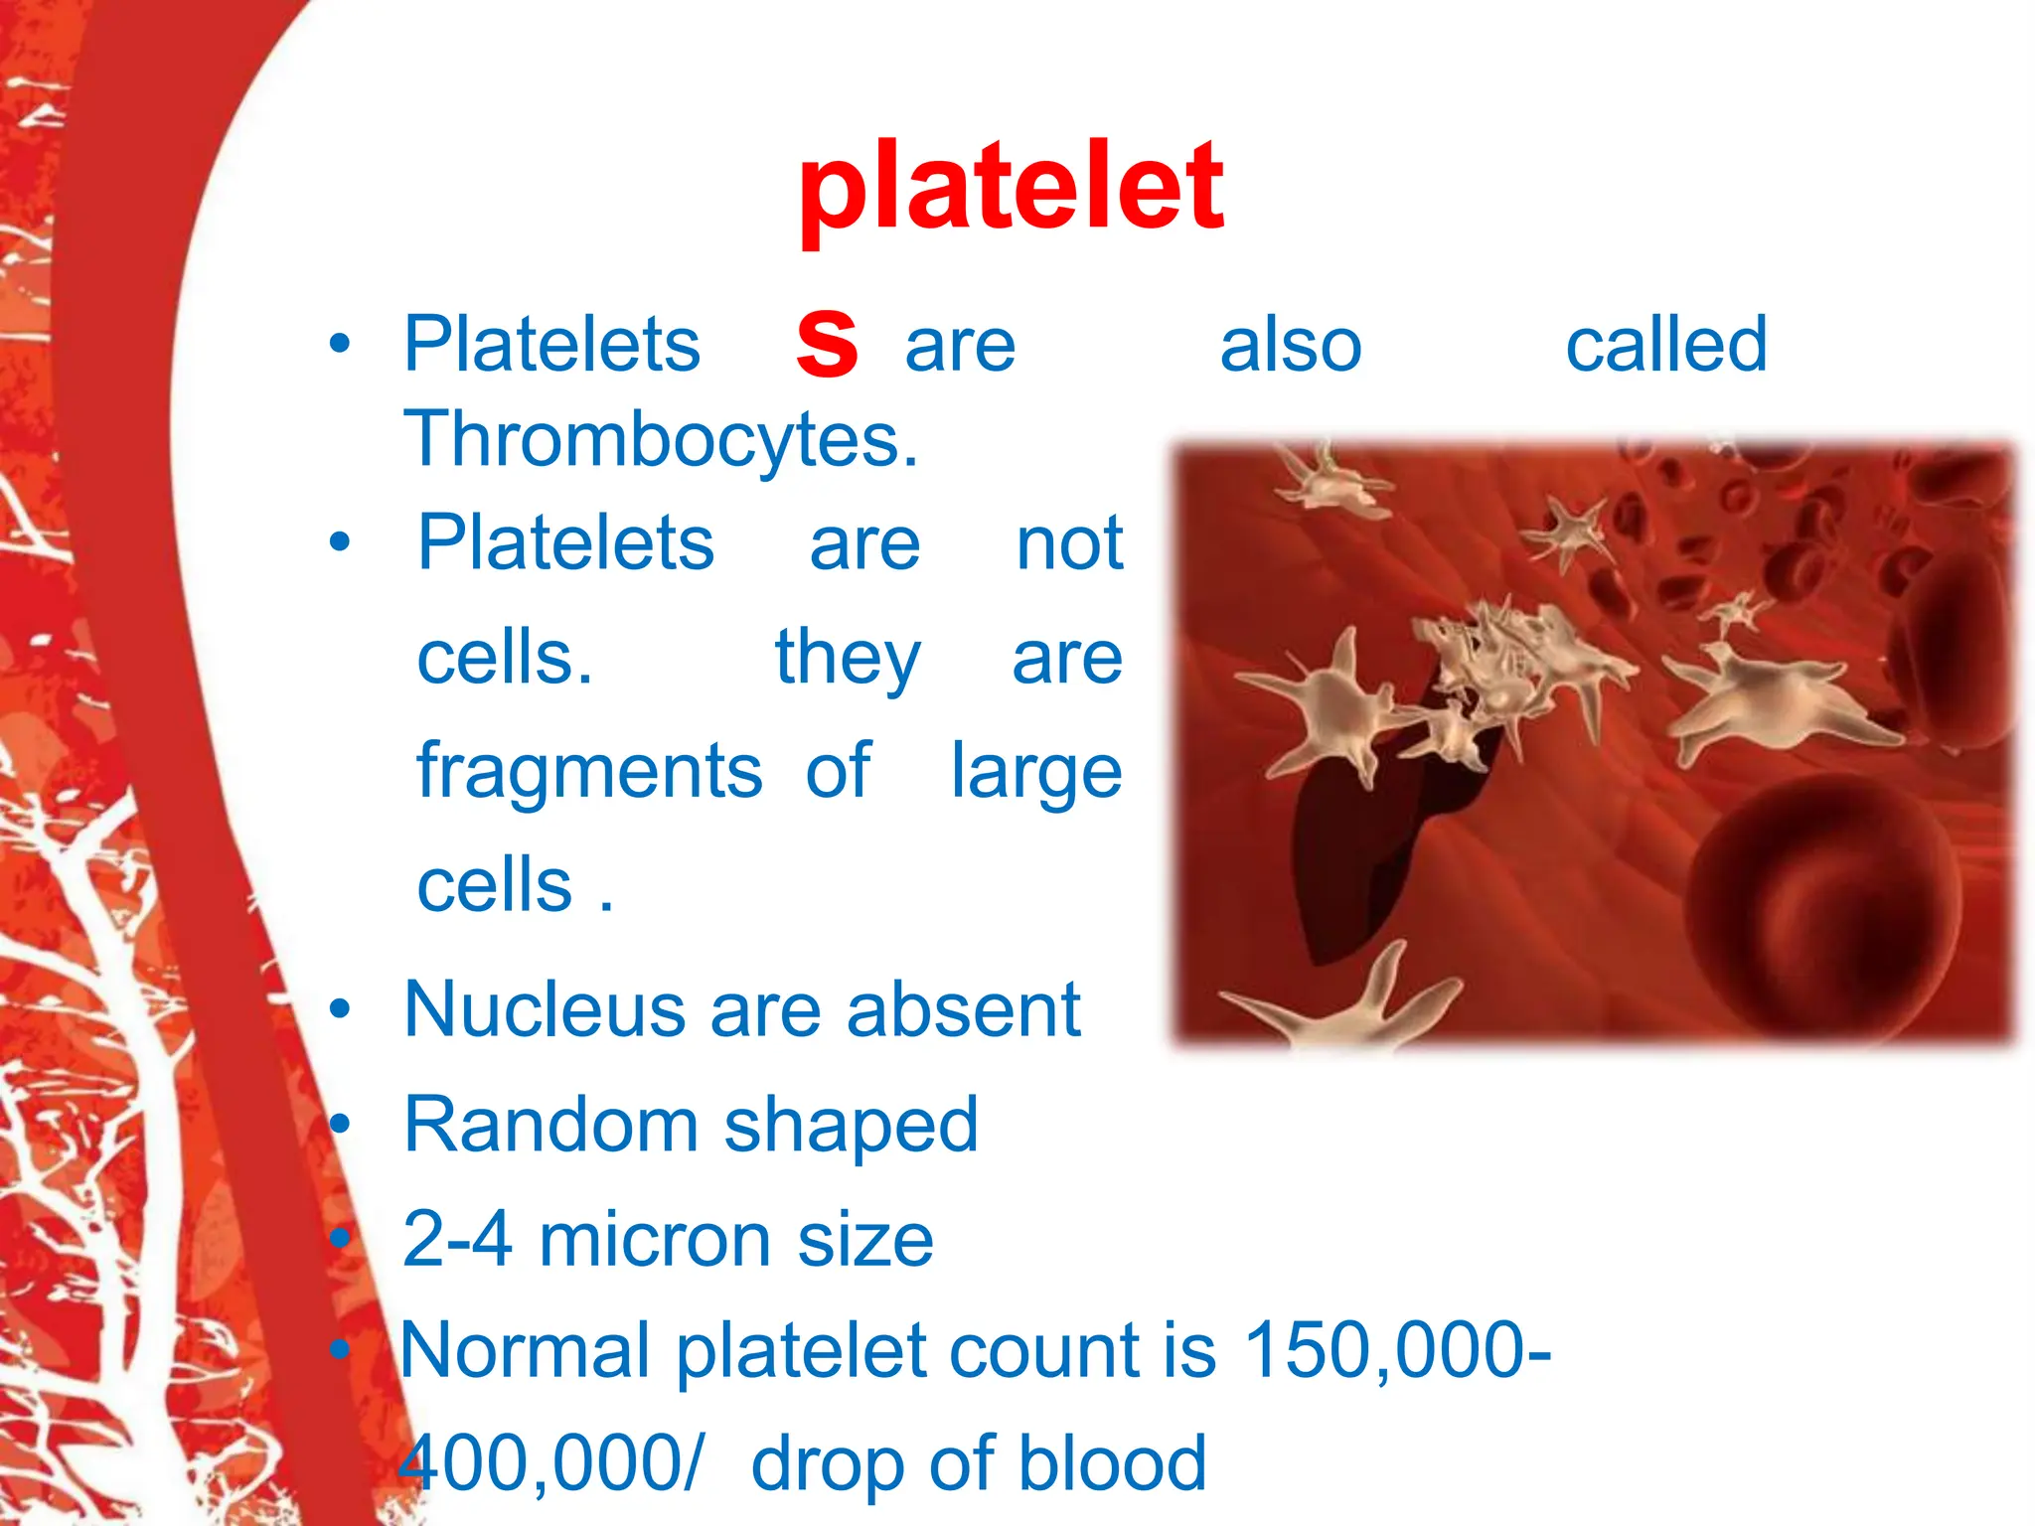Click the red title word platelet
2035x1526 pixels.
[1011, 189]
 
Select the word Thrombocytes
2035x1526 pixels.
[661, 439]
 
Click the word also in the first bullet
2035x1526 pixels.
[1290, 346]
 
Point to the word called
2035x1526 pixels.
[1666, 344]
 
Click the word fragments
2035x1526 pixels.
[589, 772]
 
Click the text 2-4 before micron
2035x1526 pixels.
[457, 1240]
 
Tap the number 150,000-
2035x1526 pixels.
[1396, 1351]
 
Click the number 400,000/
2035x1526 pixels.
[549, 1464]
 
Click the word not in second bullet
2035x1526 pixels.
[1069, 544]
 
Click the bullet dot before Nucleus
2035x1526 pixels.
[341, 1009]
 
